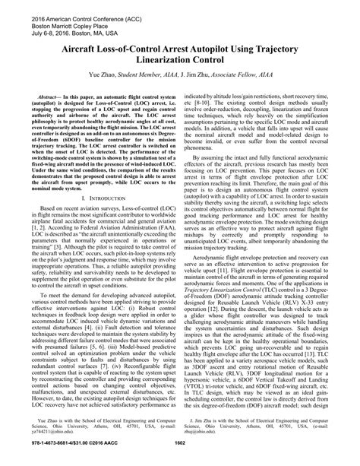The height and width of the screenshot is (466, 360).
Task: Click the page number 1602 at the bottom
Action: [180, 458]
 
